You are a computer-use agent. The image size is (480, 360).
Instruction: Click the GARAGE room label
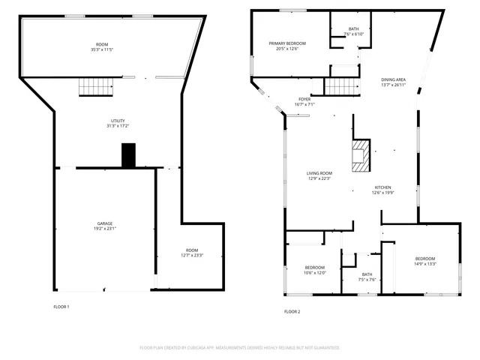coord(105,223)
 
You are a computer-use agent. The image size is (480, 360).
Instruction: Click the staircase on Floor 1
coord(95,87)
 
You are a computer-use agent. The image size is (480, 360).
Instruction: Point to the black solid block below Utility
coord(128,155)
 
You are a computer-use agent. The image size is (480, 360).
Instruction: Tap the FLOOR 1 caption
coord(61,307)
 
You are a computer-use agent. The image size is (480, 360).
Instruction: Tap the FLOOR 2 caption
coord(292,311)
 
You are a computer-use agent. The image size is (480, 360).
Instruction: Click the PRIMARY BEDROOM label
coord(287,43)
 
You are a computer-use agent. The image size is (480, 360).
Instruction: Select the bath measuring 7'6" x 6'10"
coord(353,29)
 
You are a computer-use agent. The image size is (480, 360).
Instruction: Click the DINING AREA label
coord(394,79)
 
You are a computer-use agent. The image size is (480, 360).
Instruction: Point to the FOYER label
coord(304,99)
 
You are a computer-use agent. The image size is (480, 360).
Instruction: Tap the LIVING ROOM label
coord(319,173)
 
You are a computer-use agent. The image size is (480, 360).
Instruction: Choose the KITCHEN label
coord(382,187)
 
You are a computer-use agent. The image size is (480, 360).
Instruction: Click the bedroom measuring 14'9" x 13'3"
coord(425,258)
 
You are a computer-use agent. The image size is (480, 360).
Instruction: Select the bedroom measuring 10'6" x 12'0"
coord(315,268)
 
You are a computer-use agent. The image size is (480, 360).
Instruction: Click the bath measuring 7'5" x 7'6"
coord(367,274)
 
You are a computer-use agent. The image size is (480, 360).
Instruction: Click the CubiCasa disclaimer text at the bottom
coord(240,348)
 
